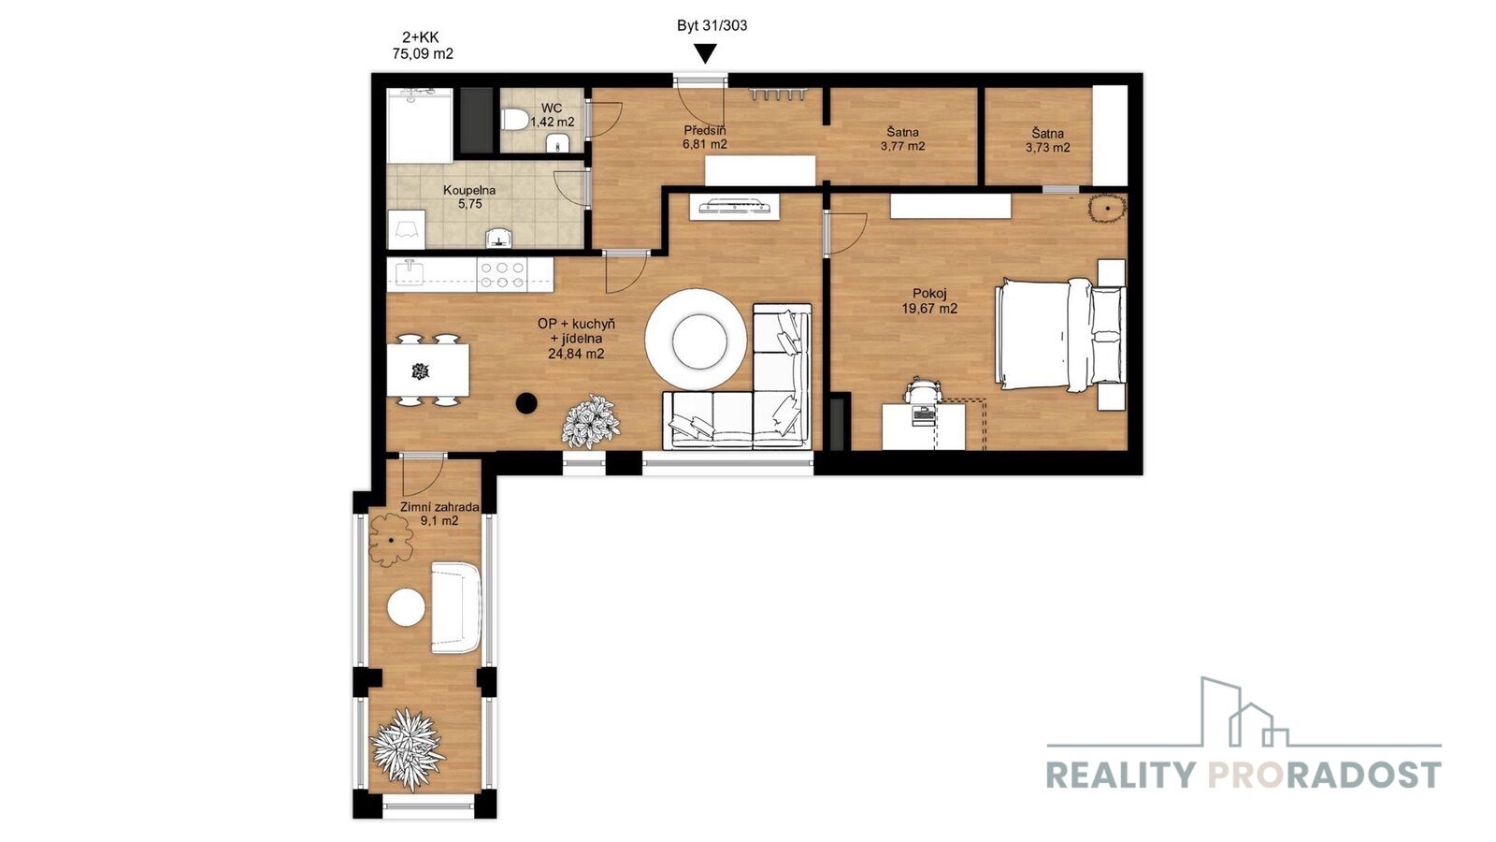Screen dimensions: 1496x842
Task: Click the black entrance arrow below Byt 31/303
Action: [705, 53]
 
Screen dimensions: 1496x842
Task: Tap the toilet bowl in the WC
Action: [513, 121]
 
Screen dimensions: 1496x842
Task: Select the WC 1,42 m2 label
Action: [553, 115]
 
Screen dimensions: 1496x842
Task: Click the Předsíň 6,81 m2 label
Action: [705, 137]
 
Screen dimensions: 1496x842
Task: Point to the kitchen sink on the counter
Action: [410, 273]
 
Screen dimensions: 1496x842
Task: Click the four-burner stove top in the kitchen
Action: [501, 275]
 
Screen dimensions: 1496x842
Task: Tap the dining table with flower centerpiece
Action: [427, 370]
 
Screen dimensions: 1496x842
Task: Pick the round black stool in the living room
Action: [526, 403]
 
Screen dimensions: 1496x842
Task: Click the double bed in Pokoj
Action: [1060, 334]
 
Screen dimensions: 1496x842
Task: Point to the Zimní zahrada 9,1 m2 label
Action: [439, 514]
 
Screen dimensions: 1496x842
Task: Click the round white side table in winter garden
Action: [406, 607]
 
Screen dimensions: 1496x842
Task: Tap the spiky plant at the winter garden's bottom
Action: [408, 749]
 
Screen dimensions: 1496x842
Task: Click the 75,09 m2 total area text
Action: [423, 54]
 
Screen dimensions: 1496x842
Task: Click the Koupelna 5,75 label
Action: [469, 197]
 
